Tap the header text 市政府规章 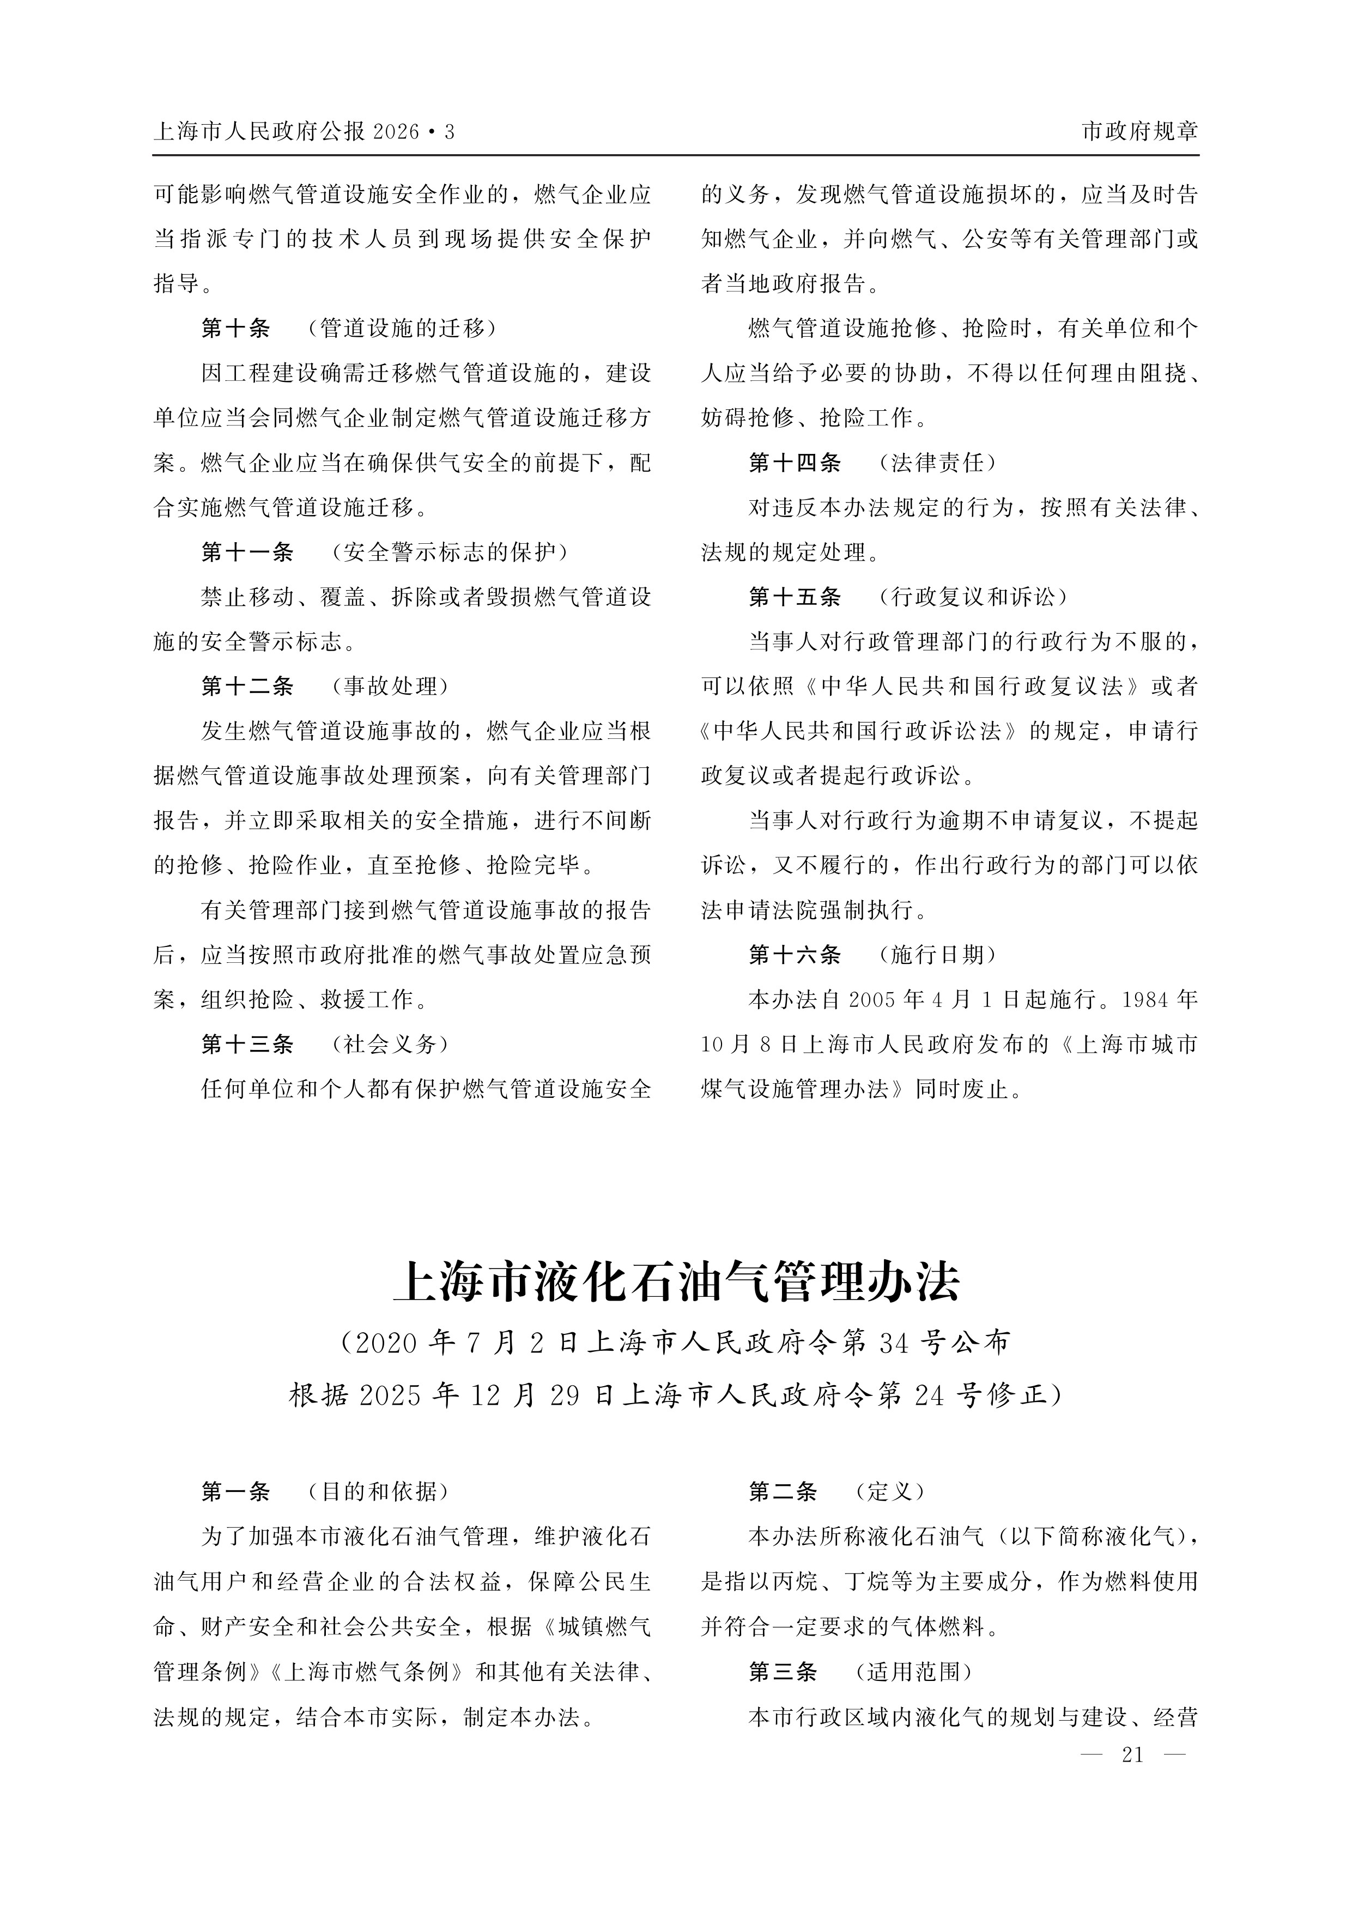coord(1139,131)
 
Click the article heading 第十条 coord(236,329)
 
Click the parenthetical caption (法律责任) coord(937,463)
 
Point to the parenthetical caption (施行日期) coord(937,955)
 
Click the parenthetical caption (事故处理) coord(390,686)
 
